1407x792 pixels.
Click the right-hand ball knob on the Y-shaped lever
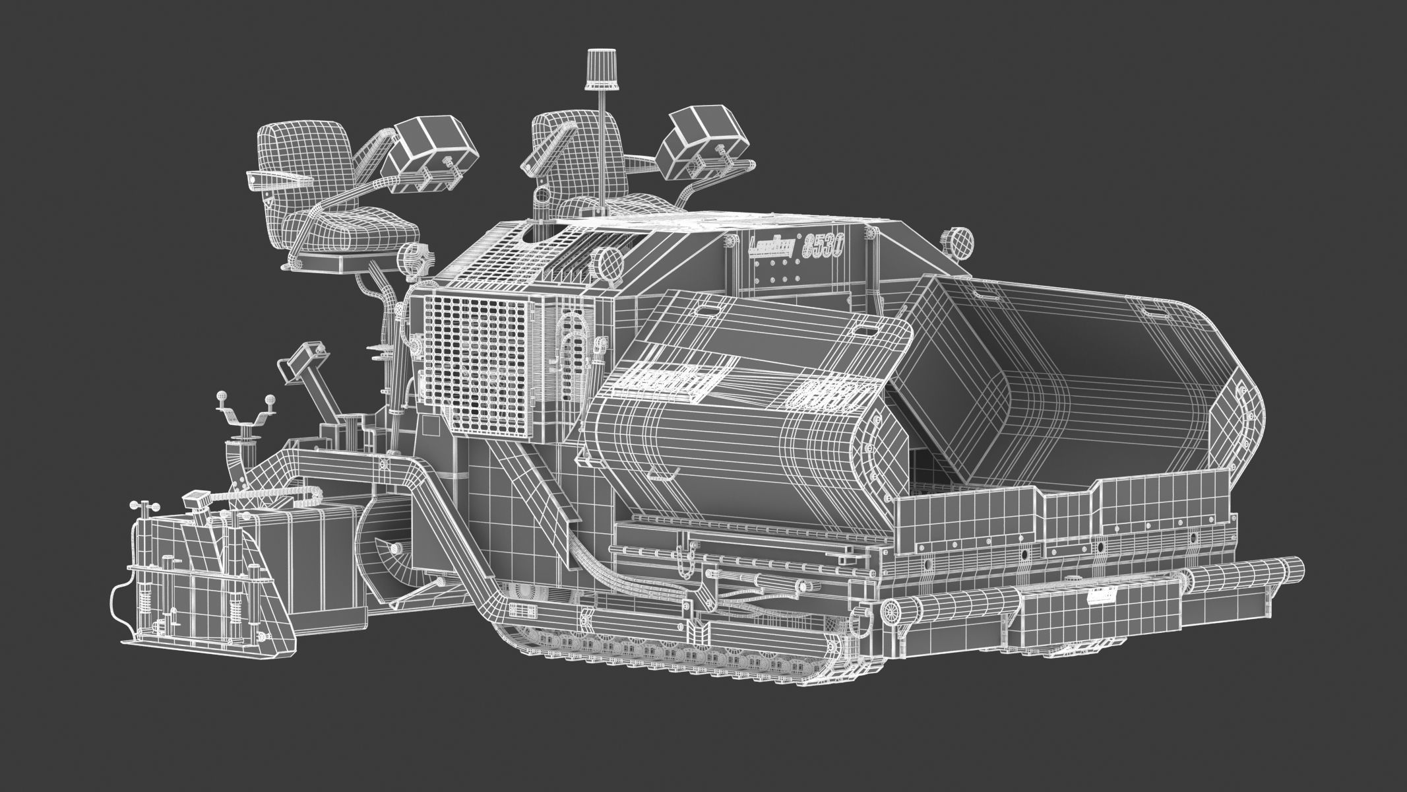270,399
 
